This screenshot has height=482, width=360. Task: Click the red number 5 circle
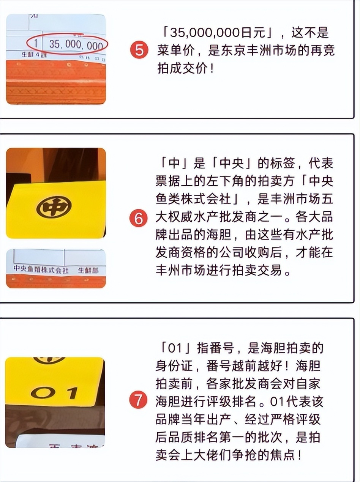pyautogui.click(x=139, y=50)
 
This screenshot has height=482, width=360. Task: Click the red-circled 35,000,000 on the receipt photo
pyautogui.click(x=76, y=45)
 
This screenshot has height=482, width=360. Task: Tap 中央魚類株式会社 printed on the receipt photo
pyautogui.click(x=41, y=270)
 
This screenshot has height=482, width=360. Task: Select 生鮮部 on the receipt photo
pyautogui.click(x=88, y=270)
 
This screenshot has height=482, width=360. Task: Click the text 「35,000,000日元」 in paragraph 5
pyautogui.click(x=216, y=33)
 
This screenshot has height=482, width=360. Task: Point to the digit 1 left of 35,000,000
pyautogui.click(x=36, y=44)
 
